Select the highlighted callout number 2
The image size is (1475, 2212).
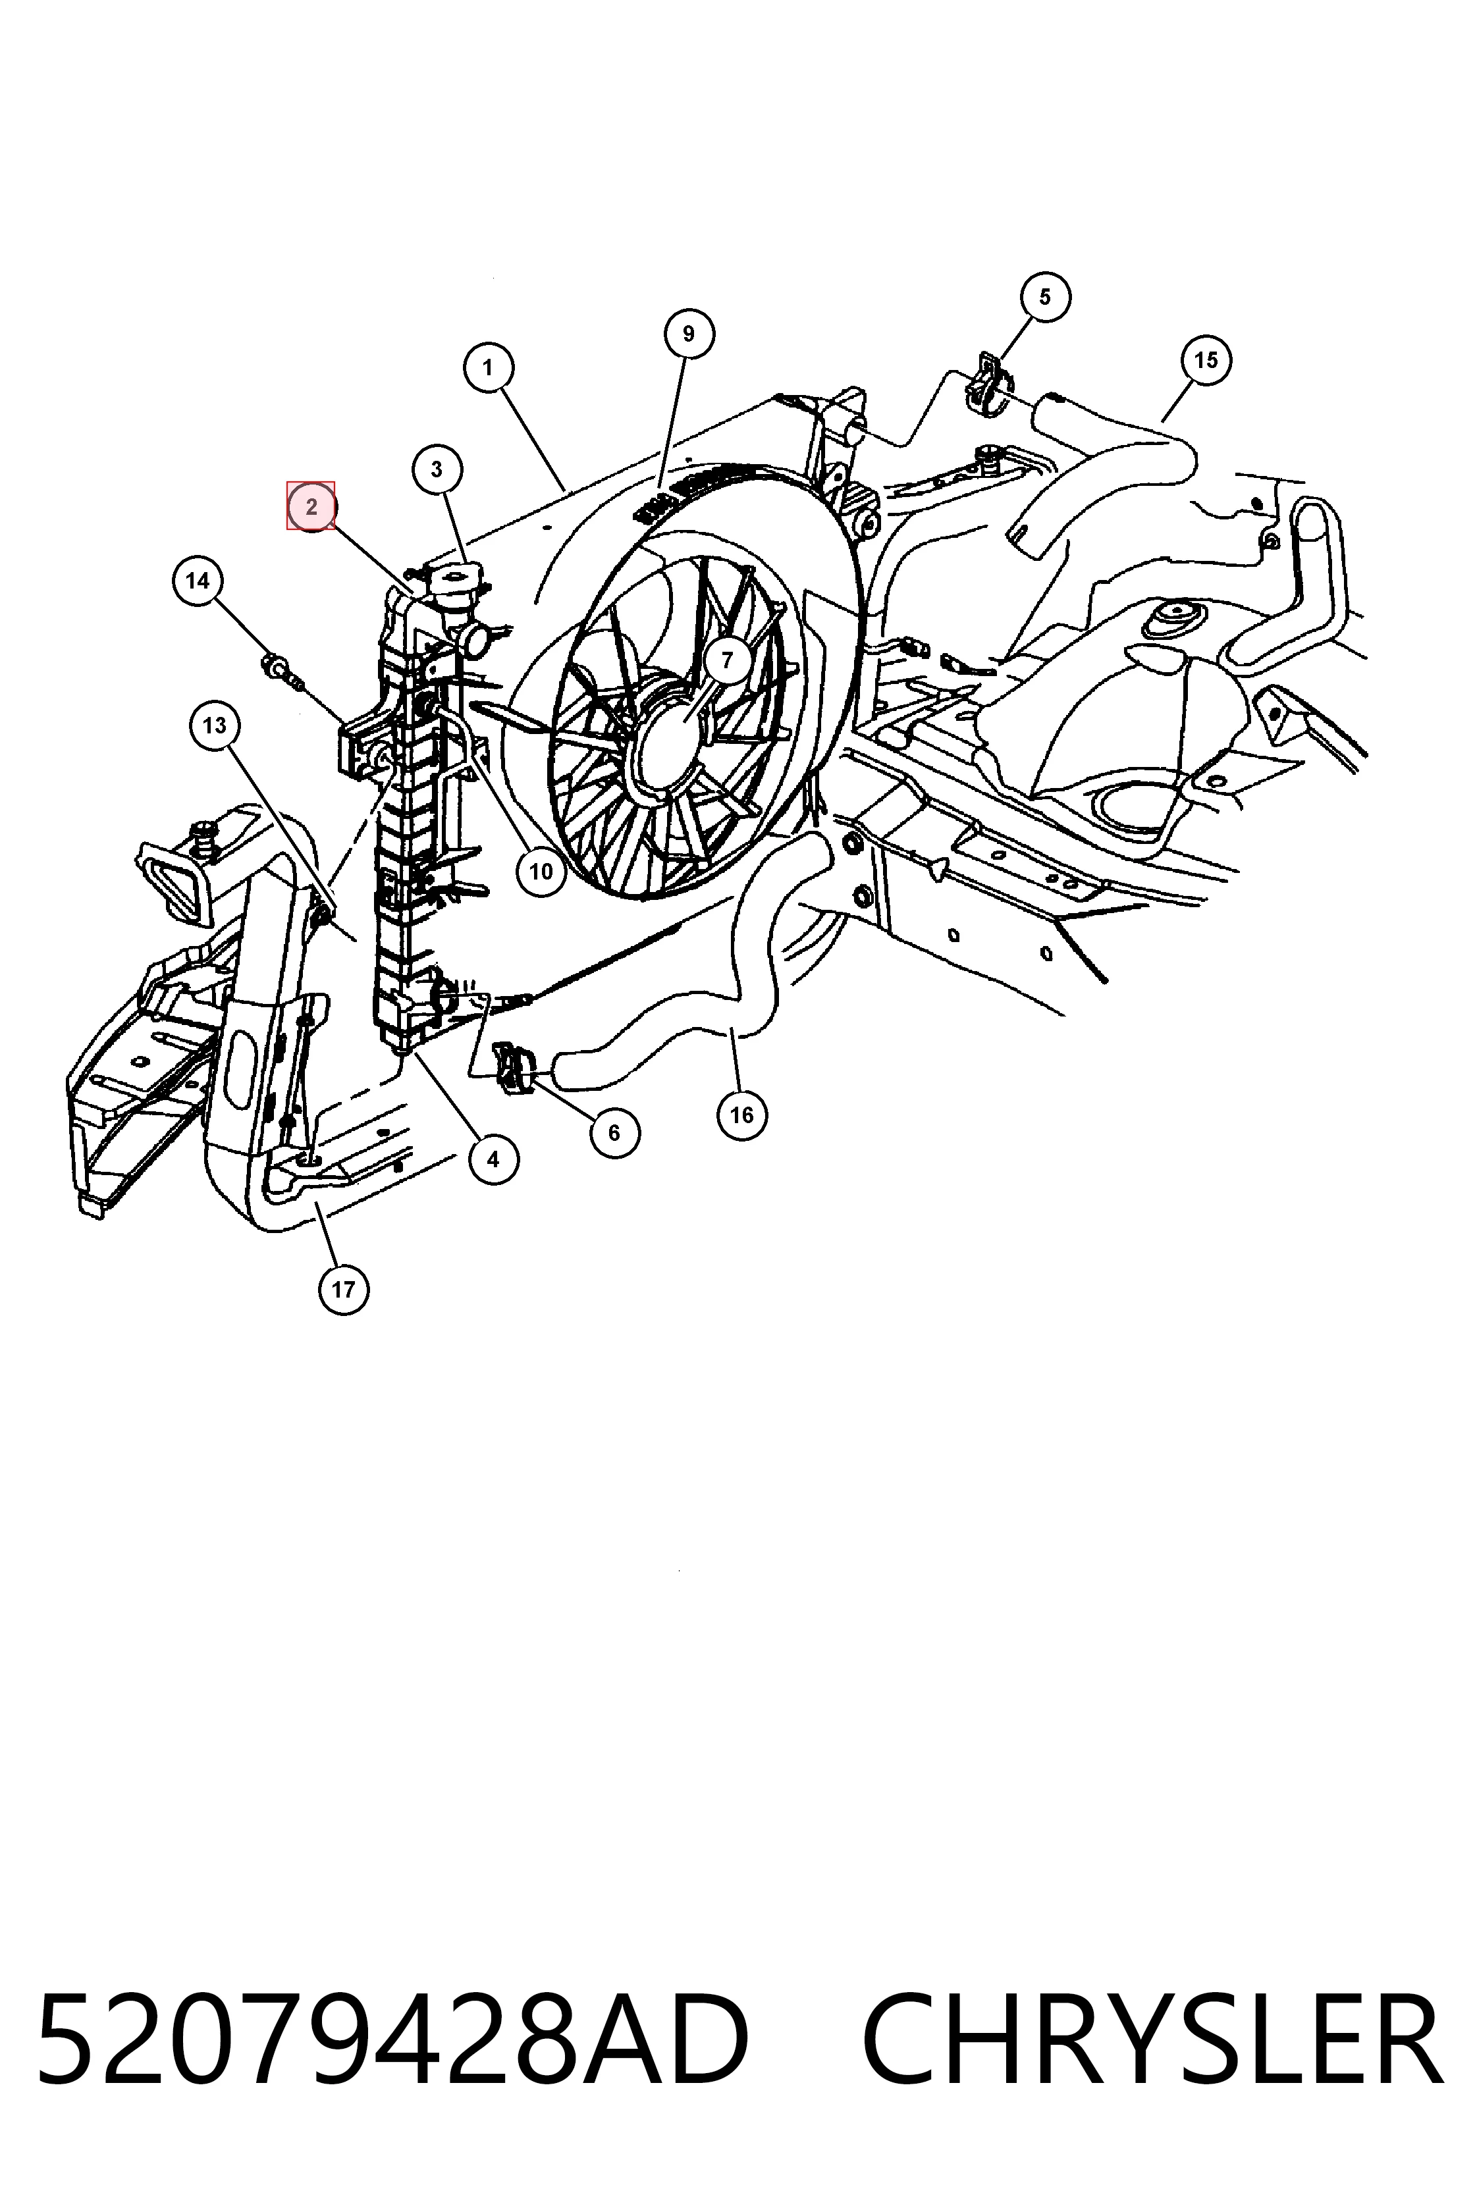pos(311,506)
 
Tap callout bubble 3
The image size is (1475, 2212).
pos(437,469)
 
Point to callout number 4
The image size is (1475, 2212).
pos(494,1159)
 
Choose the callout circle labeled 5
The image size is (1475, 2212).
pos(1045,296)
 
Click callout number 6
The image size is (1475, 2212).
pos(614,1132)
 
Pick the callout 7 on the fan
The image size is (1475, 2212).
pos(726,660)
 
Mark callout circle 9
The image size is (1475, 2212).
pos(689,334)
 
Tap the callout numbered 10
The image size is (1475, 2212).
pos(541,871)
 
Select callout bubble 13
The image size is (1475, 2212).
pos(215,725)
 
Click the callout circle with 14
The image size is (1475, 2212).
pos(198,580)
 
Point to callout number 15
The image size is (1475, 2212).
pos(1206,359)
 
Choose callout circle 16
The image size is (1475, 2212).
pos(742,1115)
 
